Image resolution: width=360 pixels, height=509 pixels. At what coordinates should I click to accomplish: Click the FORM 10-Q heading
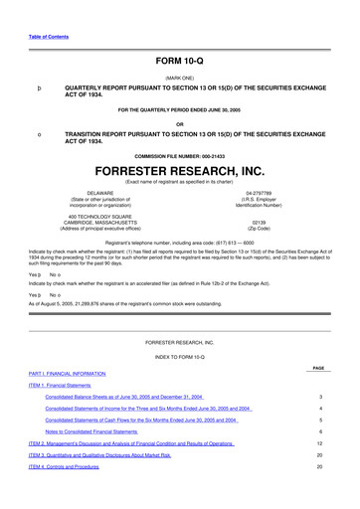(x=179, y=61)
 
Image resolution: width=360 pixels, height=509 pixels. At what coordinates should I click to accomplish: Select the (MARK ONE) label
(x=180, y=77)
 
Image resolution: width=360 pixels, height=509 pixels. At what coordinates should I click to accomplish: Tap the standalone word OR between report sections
(x=180, y=123)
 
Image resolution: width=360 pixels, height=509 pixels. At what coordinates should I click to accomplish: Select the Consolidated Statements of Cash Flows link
(x=147, y=420)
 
